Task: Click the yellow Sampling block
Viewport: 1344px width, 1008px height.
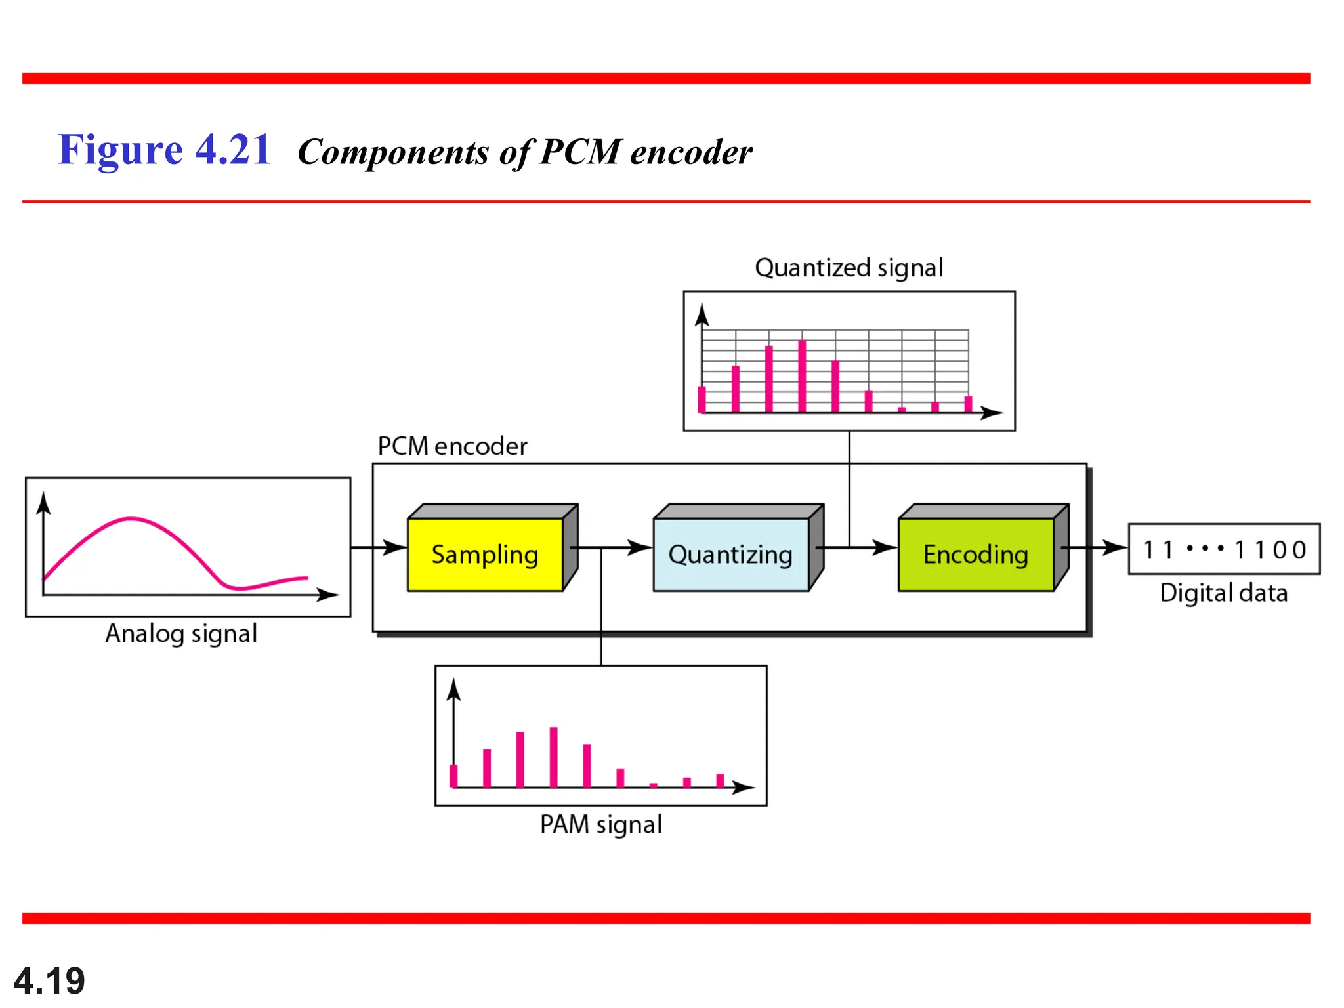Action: (x=485, y=555)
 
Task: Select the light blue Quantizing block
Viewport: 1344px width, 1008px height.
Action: (x=730, y=555)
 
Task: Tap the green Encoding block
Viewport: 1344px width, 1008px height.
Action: (x=976, y=555)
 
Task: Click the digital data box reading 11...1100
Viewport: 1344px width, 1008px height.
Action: (x=1224, y=549)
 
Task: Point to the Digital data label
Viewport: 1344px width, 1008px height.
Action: (x=1223, y=593)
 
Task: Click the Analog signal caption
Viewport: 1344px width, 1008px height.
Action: (x=181, y=634)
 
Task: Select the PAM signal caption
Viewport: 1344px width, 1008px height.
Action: (x=600, y=825)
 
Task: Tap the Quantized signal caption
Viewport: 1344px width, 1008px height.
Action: (x=849, y=268)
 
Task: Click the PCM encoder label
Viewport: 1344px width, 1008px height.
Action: (x=452, y=446)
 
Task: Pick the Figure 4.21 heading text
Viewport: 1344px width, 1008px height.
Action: (x=165, y=150)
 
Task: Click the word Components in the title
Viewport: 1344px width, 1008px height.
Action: (x=393, y=152)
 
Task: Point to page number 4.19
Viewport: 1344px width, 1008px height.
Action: (x=49, y=980)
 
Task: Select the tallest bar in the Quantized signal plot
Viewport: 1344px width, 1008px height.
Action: (x=802, y=376)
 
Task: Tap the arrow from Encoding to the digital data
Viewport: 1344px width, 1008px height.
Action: (x=1095, y=547)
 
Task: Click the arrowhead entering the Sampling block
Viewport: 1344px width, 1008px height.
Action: (x=396, y=547)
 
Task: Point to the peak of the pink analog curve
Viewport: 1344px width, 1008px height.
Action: (x=131, y=519)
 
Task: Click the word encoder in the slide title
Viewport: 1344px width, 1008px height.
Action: (x=691, y=152)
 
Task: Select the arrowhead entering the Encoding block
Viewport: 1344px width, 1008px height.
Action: (x=886, y=547)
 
